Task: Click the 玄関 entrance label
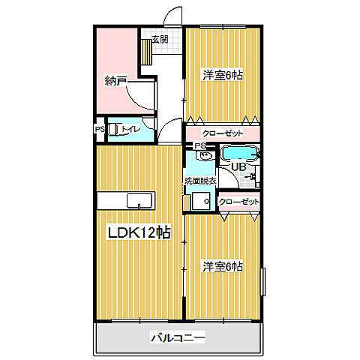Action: point(160,39)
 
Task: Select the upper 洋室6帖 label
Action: point(223,75)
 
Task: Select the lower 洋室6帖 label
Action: point(223,266)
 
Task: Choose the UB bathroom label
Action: point(238,166)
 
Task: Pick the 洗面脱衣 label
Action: point(200,181)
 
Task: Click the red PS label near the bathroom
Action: point(199,145)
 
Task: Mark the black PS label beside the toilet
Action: point(100,129)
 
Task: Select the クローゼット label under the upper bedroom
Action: point(223,133)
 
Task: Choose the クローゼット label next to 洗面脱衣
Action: point(238,202)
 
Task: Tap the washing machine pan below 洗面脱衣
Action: point(200,201)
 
